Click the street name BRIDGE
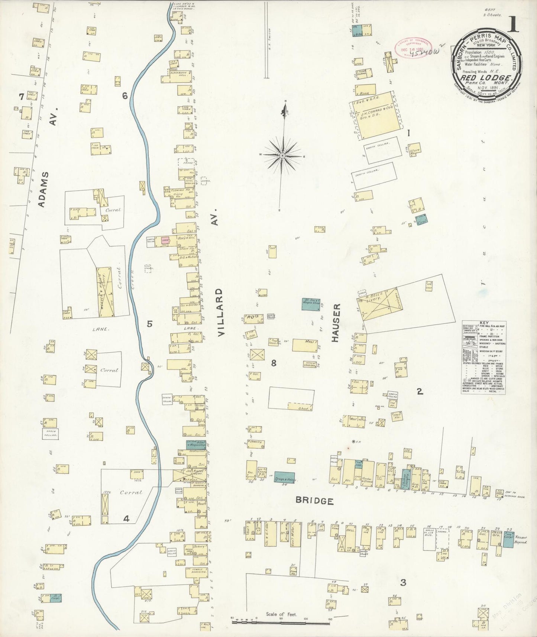[x=314, y=501]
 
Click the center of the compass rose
[x=282, y=155]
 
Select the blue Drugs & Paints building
[x=285, y=480]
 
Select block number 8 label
[x=274, y=363]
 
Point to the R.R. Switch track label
[x=271, y=39]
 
